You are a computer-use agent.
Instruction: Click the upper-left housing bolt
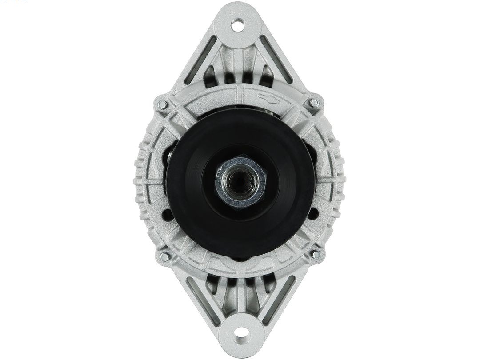163,105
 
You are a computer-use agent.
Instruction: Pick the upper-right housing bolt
314,103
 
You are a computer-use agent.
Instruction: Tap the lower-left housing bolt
164,256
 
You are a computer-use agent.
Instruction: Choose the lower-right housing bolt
316,255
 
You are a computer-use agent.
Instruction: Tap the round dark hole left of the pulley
168,216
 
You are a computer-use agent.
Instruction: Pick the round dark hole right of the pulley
314,212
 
